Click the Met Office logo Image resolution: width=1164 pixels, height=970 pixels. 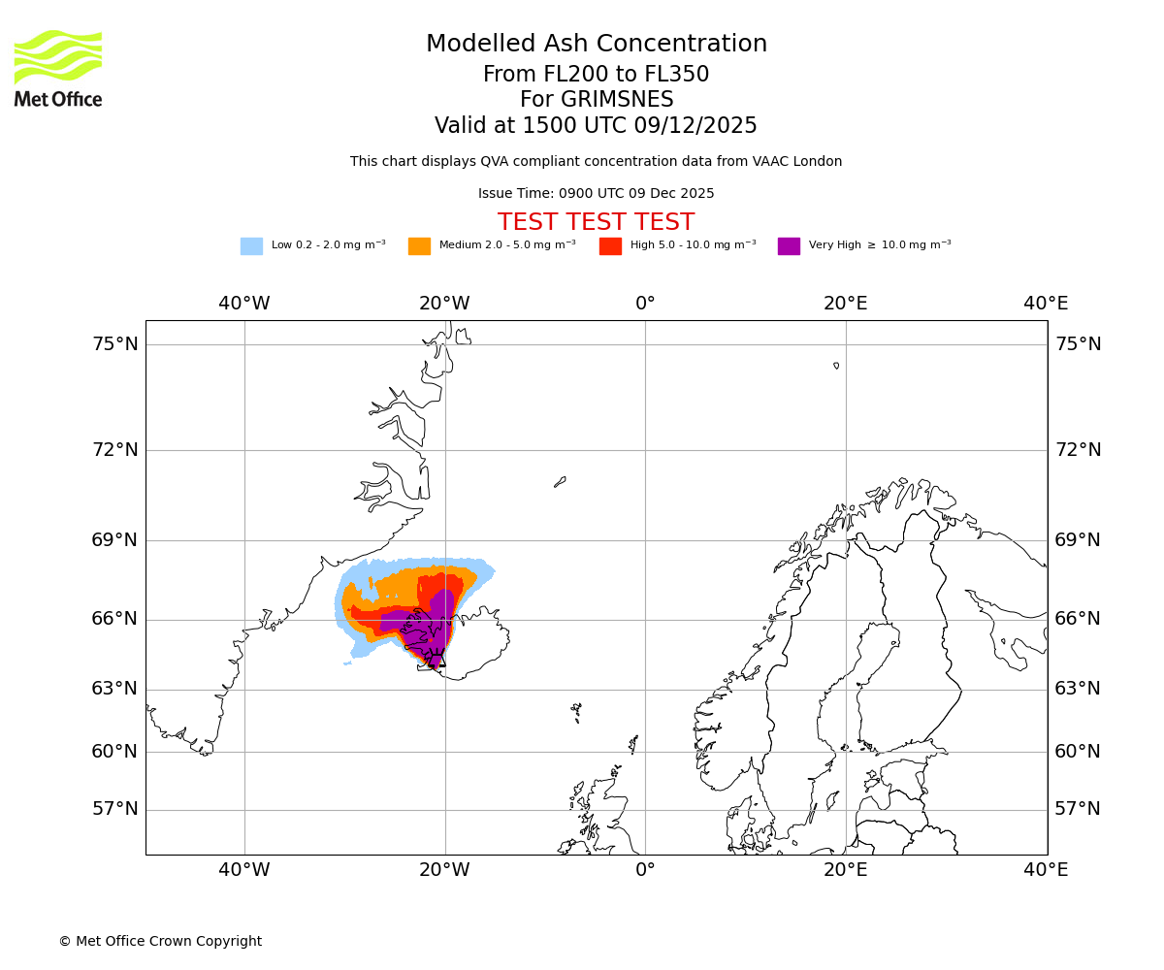(58, 68)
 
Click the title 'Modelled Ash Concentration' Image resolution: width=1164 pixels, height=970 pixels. (597, 45)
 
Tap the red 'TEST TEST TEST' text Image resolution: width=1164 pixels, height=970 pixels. (596, 223)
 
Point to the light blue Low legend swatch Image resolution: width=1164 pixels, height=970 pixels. (251, 246)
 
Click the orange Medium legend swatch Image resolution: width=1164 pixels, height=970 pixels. (419, 246)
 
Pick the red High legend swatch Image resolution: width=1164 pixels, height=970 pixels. (610, 246)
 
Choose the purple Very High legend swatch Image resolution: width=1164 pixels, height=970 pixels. (789, 246)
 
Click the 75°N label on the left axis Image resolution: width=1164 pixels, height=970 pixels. (114, 344)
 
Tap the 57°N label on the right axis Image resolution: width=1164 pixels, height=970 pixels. (1078, 809)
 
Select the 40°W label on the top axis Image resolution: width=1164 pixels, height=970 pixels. (244, 304)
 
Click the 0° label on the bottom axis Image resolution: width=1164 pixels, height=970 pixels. (645, 870)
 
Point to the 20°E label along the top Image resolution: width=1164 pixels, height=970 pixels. (846, 304)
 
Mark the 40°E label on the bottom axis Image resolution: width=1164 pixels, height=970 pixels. (1046, 870)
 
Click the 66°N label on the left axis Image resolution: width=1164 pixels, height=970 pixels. (114, 619)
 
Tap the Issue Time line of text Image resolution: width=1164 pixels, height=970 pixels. (596, 194)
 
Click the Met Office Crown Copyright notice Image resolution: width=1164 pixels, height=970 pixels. (160, 942)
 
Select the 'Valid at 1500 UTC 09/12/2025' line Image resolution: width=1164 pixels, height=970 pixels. (596, 126)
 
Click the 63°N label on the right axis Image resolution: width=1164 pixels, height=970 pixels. (1078, 689)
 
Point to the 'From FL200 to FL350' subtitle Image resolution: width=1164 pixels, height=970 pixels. (596, 75)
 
